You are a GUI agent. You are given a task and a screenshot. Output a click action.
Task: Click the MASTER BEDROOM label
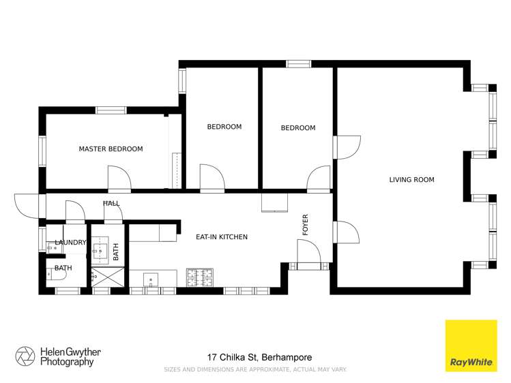click(111, 149)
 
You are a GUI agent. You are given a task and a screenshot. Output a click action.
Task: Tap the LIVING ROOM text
click(411, 180)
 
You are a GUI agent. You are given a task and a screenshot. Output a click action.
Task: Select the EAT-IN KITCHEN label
click(221, 237)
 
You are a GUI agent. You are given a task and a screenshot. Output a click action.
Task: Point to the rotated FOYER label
click(306, 226)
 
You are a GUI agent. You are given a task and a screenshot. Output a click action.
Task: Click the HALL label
click(111, 203)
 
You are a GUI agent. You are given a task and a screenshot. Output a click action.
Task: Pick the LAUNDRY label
click(70, 243)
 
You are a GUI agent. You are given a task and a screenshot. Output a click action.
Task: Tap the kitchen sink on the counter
click(151, 278)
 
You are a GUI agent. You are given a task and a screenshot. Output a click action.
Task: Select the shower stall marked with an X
click(106, 277)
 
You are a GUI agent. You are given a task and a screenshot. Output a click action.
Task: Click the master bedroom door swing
click(119, 179)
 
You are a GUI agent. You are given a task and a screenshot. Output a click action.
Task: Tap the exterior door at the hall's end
click(27, 205)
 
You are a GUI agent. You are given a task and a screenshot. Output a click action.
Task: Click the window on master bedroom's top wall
click(111, 110)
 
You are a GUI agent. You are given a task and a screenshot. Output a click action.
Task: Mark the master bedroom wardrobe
click(175, 151)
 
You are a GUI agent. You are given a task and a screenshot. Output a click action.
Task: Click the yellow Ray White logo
click(471, 346)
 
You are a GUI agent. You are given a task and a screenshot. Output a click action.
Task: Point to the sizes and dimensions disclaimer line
click(255, 369)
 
